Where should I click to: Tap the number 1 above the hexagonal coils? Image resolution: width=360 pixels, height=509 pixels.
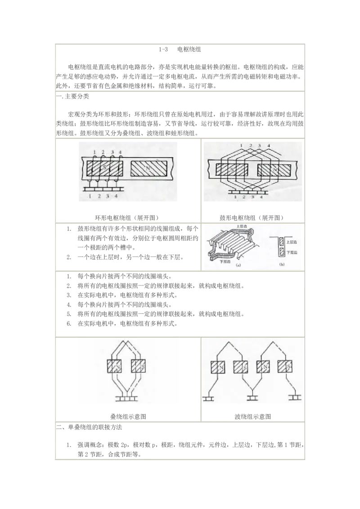click(242, 146)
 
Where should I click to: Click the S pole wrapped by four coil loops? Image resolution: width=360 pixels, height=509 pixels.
click(104, 169)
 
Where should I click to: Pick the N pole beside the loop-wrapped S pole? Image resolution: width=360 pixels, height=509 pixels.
click(149, 169)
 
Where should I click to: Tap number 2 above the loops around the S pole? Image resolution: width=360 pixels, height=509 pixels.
click(103, 152)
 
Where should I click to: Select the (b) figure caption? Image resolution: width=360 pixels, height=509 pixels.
click(282, 265)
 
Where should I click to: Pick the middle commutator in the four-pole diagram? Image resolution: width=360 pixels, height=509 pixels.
click(252, 397)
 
